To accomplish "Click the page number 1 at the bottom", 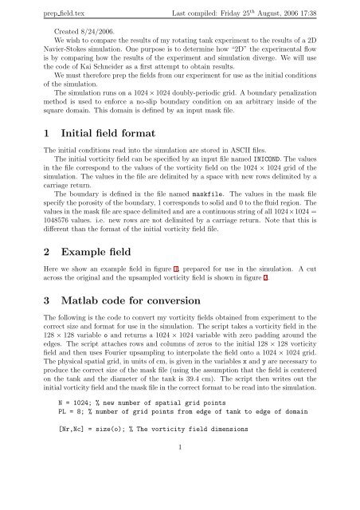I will tap(179, 492).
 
